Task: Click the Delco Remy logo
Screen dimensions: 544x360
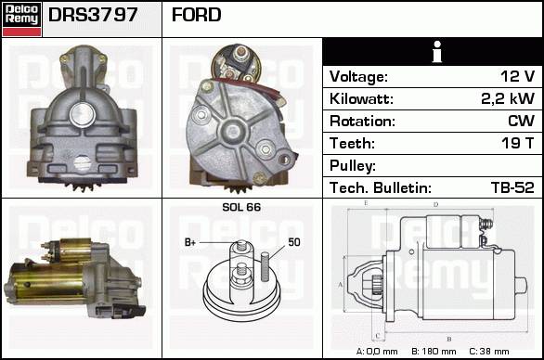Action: pos(22,19)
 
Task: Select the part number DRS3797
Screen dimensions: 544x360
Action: pos(93,15)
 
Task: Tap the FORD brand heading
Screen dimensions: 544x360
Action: pos(197,15)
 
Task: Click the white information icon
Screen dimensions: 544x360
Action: pos(437,52)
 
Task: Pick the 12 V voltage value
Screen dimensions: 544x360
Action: pos(517,76)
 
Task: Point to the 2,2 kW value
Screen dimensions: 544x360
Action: pos(508,98)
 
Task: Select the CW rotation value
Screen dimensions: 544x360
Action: pos(521,121)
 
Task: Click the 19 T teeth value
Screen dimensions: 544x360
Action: pos(518,143)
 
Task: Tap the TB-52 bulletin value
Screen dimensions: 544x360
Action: pos(512,187)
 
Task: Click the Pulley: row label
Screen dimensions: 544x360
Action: pos(353,166)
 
